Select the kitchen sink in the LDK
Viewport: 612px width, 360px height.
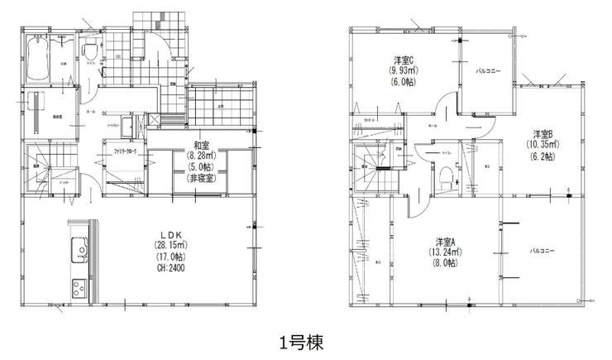point(79,247)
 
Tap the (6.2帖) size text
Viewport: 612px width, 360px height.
point(542,156)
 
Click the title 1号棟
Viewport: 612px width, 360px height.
point(305,340)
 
